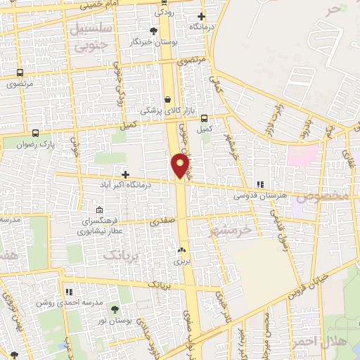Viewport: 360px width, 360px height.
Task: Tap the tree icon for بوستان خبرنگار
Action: [154, 31]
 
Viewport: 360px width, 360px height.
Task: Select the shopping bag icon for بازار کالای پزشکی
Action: [167, 100]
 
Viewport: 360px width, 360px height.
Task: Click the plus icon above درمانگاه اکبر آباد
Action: [125, 174]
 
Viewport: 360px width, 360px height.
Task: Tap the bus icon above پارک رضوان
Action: [36, 132]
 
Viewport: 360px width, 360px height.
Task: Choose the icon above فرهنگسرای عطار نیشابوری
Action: [99, 210]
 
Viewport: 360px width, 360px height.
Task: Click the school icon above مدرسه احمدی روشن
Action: [69, 291]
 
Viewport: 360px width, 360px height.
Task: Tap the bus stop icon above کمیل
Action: [204, 118]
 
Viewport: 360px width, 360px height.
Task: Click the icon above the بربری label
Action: [182, 250]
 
